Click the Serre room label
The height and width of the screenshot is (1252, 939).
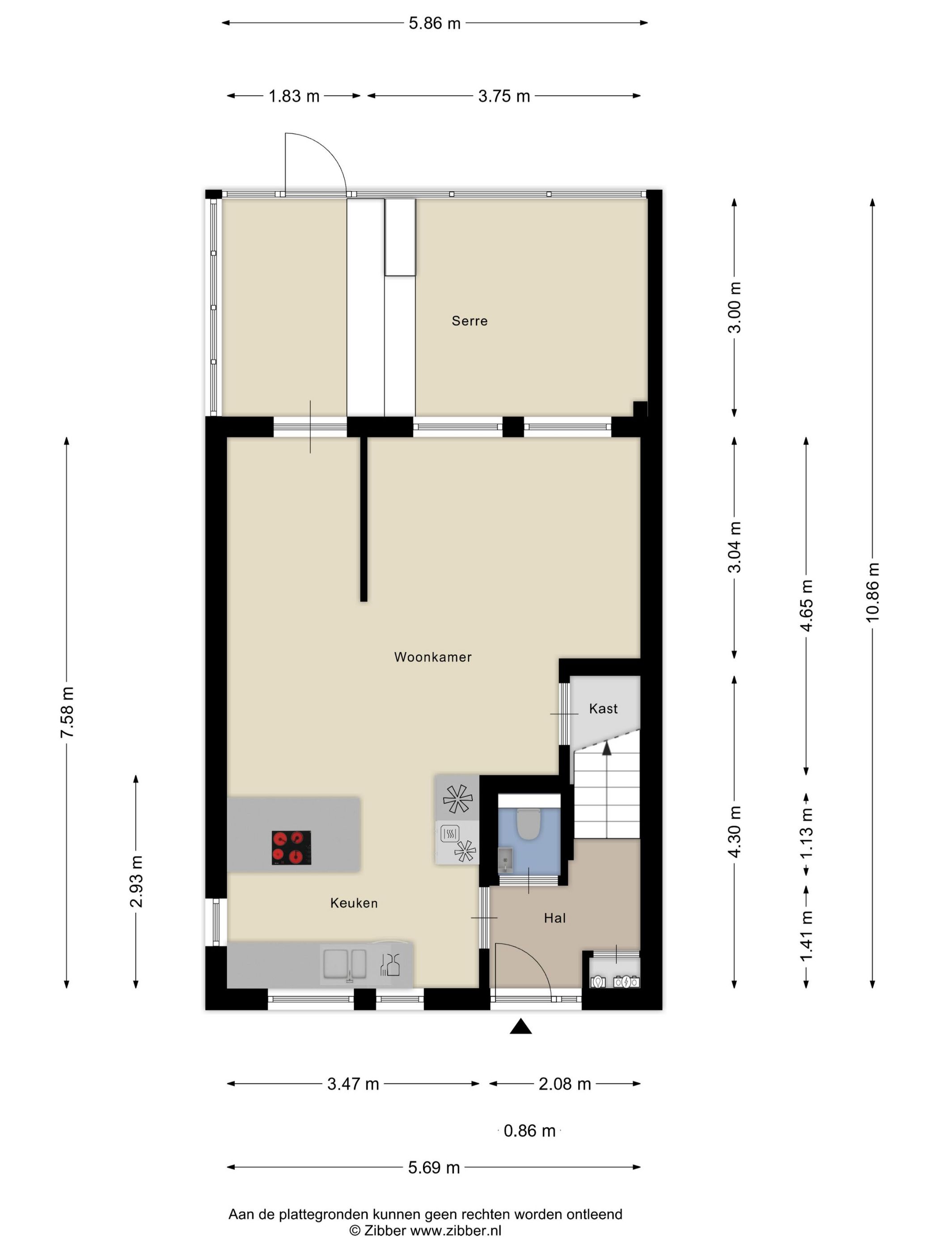click(x=469, y=321)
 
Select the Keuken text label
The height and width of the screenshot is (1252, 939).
click(x=354, y=903)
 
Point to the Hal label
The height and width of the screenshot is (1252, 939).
click(x=555, y=918)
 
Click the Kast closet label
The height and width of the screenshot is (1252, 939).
click(x=603, y=708)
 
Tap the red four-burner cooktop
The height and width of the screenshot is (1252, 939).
click(x=292, y=847)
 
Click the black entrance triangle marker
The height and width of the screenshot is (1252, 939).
click(x=521, y=1026)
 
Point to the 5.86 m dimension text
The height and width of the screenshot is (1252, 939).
click(x=435, y=23)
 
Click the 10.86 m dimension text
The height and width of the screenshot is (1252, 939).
click(x=872, y=592)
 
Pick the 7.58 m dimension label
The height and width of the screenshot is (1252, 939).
click(x=67, y=712)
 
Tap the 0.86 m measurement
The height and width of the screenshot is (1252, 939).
click(x=529, y=1130)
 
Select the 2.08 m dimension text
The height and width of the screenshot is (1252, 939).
click(x=565, y=1083)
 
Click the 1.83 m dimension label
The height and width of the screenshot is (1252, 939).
click(x=294, y=96)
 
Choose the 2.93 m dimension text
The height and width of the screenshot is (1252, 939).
click(x=136, y=881)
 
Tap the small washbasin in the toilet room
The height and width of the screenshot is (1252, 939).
click(x=505, y=860)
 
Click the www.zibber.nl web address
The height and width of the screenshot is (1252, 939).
click(x=456, y=1230)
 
